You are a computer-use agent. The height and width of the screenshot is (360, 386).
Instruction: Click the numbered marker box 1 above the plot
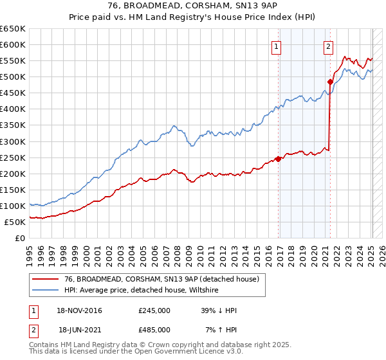(276, 46)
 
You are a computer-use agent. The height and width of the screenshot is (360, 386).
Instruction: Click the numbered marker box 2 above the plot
(328, 46)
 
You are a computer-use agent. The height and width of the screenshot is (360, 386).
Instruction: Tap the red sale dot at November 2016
(278, 159)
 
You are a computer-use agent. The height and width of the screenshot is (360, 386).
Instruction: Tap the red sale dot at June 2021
(330, 82)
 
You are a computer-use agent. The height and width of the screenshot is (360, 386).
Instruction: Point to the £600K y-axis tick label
(13, 45)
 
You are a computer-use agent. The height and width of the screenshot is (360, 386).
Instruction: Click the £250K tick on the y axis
(13, 157)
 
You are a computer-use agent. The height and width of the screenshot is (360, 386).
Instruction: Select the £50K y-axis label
(15, 222)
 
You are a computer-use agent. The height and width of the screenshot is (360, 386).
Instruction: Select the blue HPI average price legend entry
(142, 290)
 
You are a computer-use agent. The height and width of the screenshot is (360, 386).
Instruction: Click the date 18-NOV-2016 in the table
(80, 310)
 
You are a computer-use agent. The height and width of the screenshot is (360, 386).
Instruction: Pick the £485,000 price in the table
(154, 329)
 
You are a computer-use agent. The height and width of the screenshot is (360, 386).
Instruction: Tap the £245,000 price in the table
(154, 310)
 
